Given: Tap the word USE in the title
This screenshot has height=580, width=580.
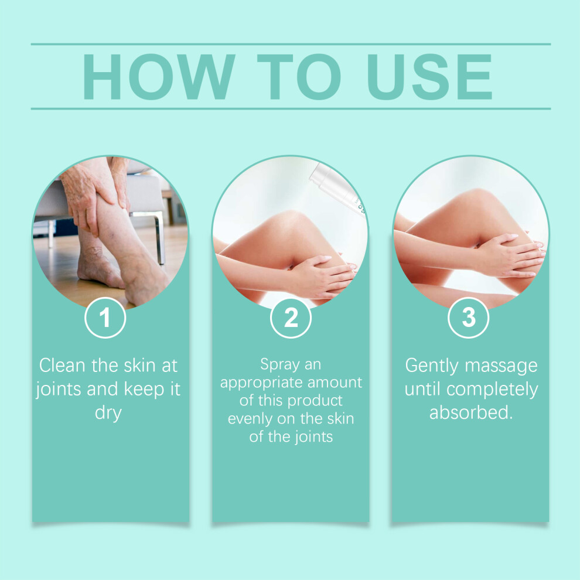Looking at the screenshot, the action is click(x=429, y=77).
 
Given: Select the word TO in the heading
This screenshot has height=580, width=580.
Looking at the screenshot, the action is click(x=299, y=77).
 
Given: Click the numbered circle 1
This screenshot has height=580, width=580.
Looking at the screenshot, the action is click(x=105, y=318).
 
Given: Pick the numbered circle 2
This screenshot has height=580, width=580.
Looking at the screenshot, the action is click(x=291, y=318).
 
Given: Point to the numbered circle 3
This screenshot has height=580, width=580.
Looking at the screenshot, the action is click(x=468, y=318).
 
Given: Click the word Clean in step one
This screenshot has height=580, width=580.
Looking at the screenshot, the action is click(x=62, y=366).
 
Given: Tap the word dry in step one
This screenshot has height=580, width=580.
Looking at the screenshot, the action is click(x=108, y=413).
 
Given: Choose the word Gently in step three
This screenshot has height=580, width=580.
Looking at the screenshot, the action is click(x=432, y=366).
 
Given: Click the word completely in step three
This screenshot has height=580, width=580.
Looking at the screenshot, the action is click(x=492, y=390).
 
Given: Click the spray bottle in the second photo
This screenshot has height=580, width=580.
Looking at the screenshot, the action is click(x=337, y=189).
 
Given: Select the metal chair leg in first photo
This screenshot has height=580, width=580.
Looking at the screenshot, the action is click(x=160, y=238).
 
